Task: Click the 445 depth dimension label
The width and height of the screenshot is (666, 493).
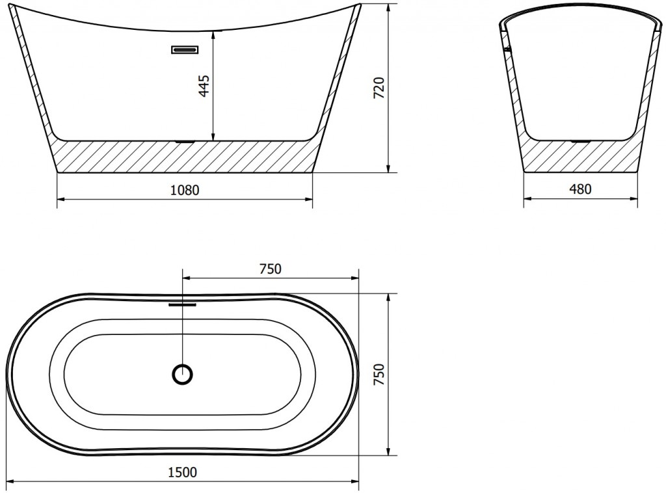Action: pos(204,86)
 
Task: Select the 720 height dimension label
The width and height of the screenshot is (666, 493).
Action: pos(379,88)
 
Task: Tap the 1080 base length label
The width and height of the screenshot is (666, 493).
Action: pos(184,190)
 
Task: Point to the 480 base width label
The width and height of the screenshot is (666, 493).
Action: pos(579,189)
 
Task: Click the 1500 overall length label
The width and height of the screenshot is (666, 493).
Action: pos(183,472)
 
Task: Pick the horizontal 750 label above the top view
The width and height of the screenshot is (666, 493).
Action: pos(270,269)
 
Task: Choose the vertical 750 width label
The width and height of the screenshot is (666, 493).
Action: pos(379,374)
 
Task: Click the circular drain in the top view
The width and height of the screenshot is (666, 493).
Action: pos(183,375)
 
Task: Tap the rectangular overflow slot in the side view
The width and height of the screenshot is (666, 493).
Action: pos(185,49)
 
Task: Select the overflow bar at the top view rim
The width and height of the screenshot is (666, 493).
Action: pos(183,304)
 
